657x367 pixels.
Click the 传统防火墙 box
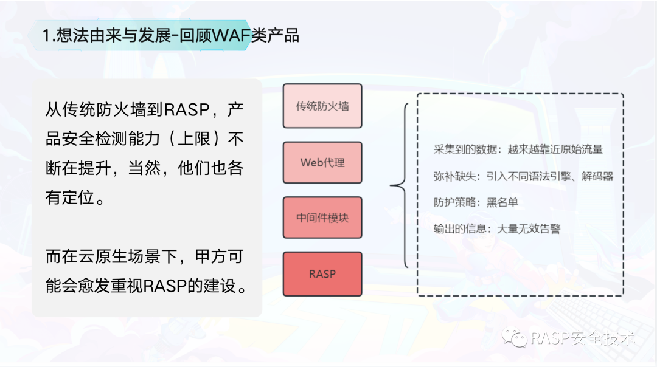point(322,106)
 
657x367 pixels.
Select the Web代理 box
point(322,162)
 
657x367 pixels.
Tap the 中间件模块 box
point(322,218)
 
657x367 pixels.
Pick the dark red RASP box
point(322,274)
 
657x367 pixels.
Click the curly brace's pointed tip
point(391,185)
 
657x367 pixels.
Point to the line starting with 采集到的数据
point(518,149)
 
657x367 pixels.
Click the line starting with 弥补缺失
point(523,176)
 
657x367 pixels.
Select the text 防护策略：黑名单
point(476,202)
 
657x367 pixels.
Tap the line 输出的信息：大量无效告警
point(497,229)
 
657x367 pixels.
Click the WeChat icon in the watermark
point(515,338)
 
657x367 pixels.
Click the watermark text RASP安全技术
point(583,338)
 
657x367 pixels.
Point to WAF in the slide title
point(231,35)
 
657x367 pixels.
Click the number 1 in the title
point(46,35)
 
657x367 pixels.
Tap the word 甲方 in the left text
point(211,256)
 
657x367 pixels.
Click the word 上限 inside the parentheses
point(194,139)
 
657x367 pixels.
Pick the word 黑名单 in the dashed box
point(502,202)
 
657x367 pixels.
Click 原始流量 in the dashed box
point(582,149)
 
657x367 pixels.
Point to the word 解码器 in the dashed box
point(597,176)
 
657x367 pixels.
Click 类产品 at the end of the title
point(276,35)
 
